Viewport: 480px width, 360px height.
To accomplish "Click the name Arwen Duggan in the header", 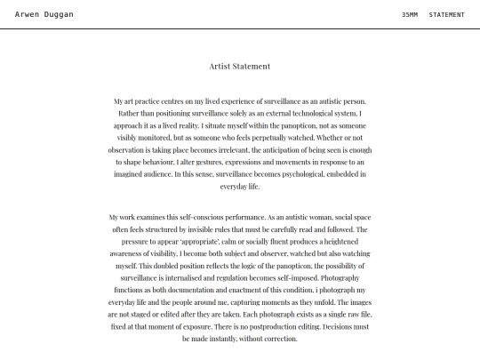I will (x=44, y=14).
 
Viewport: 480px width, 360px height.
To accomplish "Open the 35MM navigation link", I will (x=410, y=14).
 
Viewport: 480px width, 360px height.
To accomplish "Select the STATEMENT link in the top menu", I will (x=446, y=14).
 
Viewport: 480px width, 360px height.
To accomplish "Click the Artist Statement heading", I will (x=240, y=67).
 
